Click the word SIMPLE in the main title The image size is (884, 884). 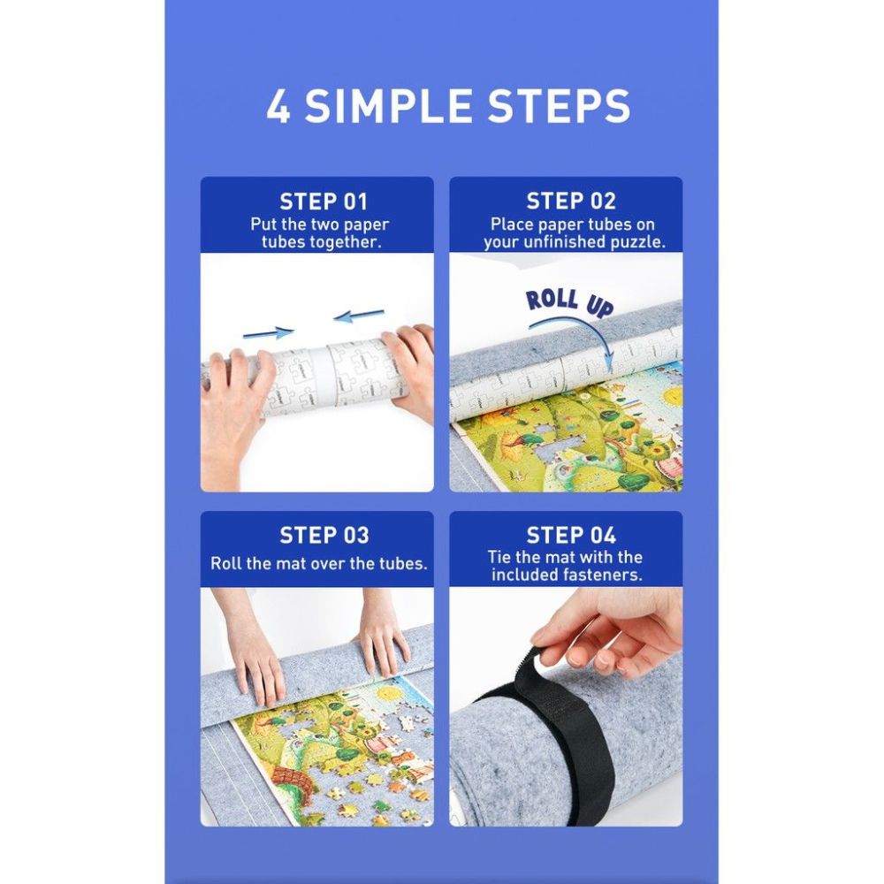coord(388,106)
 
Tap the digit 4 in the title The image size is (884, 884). coord(278,106)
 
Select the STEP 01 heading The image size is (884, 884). coord(324,202)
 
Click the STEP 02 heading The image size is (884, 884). coord(571,201)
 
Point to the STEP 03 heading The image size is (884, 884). coord(324,535)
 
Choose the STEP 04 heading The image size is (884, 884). coord(571,535)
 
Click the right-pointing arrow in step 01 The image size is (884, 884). coord(269,333)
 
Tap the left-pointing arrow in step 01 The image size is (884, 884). coord(359,316)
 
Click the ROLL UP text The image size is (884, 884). coord(568,302)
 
